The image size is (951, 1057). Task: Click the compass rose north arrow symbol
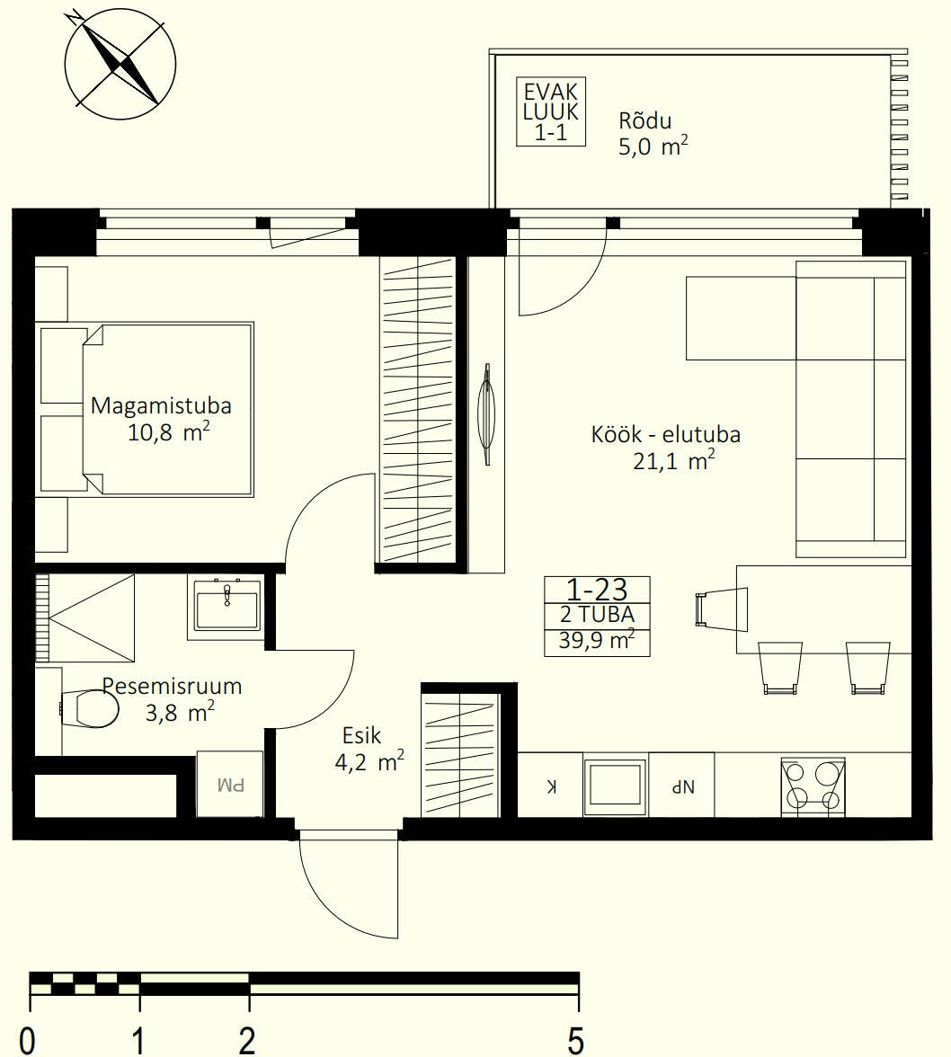pos(120,64)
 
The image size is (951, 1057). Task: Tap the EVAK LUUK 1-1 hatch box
pos(551,111)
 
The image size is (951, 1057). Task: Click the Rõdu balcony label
pos(645,121)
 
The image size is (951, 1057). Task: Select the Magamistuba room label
pos(161,406)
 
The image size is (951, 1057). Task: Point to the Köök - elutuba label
pos(666,434)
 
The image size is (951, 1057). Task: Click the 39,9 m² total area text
pos(597,640)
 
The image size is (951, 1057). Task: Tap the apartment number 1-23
pos(597,590)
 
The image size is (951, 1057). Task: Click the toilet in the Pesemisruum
pos(90,708)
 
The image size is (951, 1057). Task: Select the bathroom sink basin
pos(227,608)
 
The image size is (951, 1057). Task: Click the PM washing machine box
pos(230,784)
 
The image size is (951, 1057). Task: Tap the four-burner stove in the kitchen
pos(813,786)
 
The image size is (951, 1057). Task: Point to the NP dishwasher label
pos(682,786)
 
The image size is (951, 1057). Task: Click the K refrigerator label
pos(551,786)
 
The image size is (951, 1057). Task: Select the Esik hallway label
pos(361,735)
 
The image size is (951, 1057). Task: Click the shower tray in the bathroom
pos(84,617)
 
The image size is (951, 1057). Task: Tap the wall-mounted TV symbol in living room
pos(486,413)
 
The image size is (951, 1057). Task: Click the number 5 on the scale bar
pos(575,1040)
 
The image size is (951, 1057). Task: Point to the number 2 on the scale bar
pos(247,1040)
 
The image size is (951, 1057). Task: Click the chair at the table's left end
pos(722,609)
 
